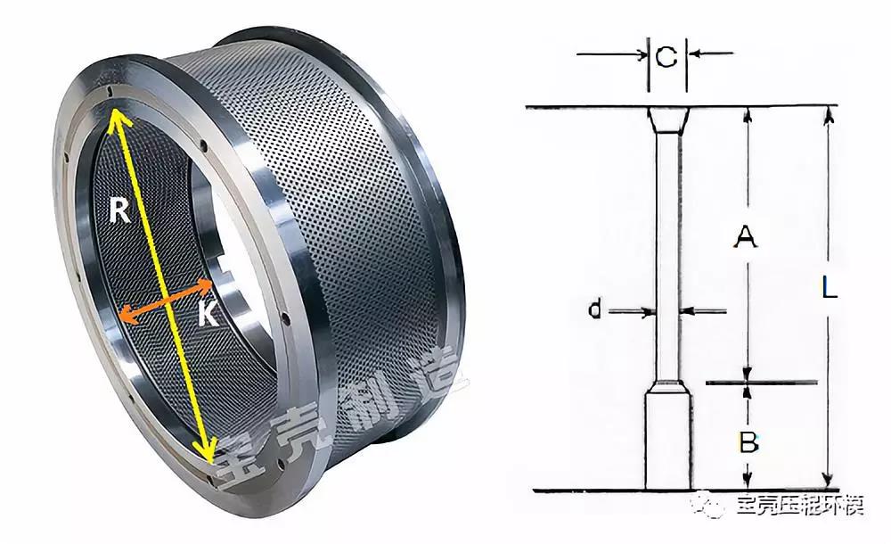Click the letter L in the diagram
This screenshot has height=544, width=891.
click(829, 288)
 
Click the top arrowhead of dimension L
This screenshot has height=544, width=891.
click(829, 114)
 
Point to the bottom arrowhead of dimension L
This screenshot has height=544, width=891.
click(829, 481)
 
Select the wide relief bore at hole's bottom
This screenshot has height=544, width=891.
click(667, 441)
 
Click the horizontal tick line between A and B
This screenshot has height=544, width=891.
click(762, 383)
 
